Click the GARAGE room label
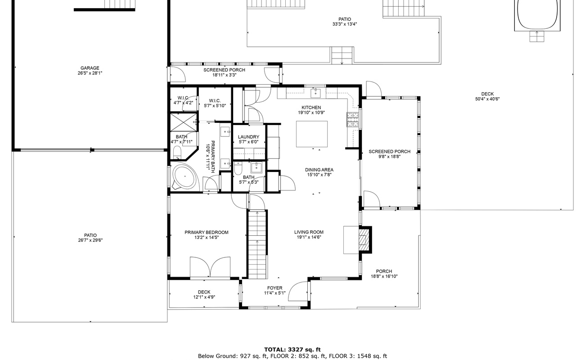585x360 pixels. click(90, 68)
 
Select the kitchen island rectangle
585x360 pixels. click(311, 134)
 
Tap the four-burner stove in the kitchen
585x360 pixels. click(352, 119)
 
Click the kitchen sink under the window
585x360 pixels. click(316, 93)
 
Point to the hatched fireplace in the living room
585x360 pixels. click(365, 239)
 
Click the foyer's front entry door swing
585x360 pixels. click(298, 292)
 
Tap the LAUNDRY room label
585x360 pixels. click(248, 137)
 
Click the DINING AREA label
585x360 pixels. click(319, 170)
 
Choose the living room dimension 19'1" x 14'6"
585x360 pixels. click(309, 238)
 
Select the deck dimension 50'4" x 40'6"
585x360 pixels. click(487, 99)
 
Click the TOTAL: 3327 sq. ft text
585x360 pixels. click(292, 349)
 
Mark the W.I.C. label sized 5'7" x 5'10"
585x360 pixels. click(215, 106)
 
